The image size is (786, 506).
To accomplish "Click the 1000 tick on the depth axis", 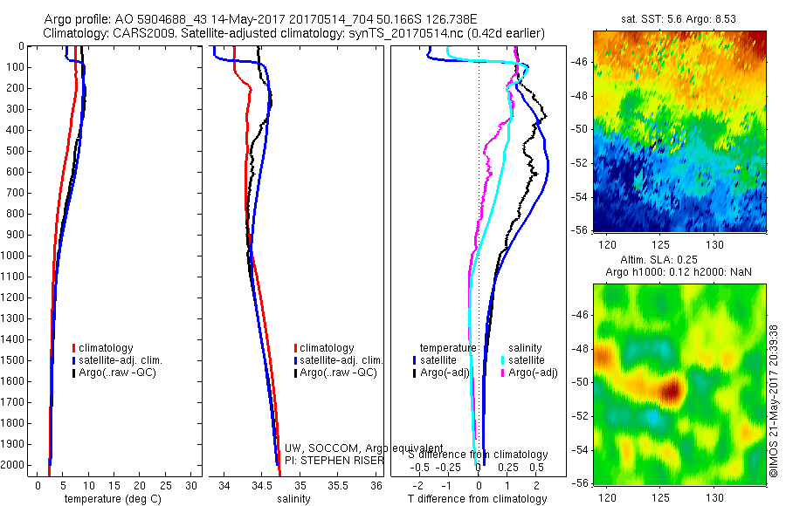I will (16, 256).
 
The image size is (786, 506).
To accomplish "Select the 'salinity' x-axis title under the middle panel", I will (294, 499).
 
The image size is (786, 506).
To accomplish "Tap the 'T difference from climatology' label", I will (478, 499).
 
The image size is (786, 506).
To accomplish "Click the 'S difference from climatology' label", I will (478, 455).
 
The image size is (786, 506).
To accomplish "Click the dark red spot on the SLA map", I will (671, 390).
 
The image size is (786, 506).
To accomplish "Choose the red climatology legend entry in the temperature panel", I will (103, 348).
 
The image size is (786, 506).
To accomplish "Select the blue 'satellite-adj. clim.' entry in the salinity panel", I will (341, 360).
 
